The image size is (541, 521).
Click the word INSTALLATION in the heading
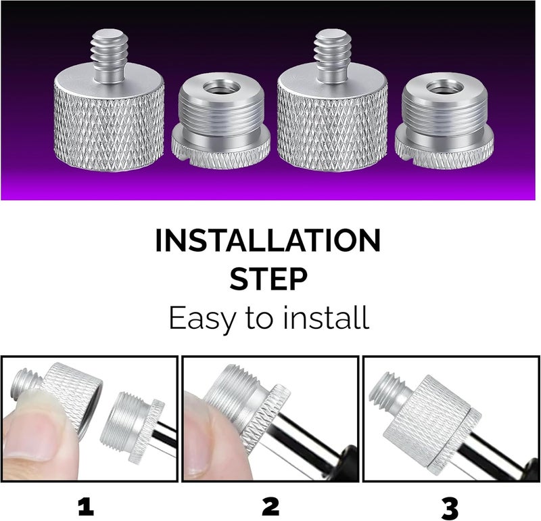pos(268,242)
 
